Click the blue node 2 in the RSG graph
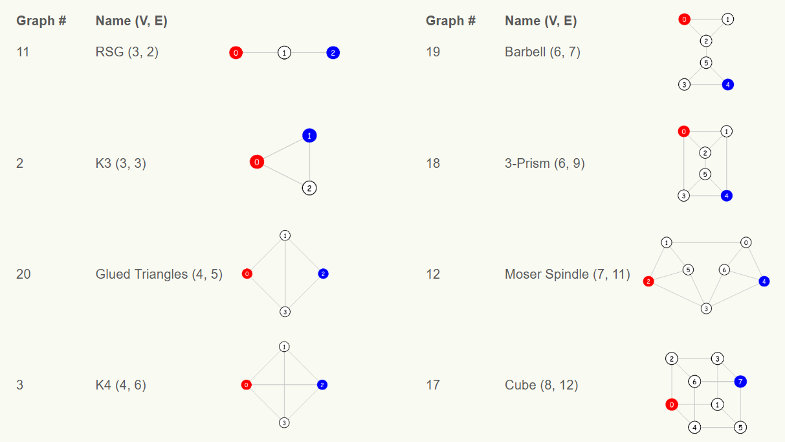coord(333,53)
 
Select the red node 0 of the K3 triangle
coord(257,162)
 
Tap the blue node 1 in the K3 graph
coord(309,135)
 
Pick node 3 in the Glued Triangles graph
coord(285,312)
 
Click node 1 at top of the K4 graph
coord(284,347)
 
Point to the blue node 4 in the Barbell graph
coord(727,84)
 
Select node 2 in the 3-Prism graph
coord(706,153)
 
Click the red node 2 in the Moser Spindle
coord(648,281)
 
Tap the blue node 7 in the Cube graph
coord(740,381)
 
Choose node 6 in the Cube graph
coord(694,382)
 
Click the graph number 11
coord(23,52)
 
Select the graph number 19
coord(433,52)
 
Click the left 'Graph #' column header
coord(41,21)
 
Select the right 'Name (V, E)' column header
coord(540,21)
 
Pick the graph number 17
coord(433,385)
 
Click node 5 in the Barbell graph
coord(706,63)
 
